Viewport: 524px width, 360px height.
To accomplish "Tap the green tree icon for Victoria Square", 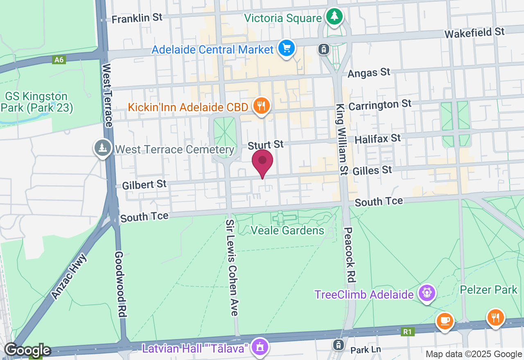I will [x=335, y=17].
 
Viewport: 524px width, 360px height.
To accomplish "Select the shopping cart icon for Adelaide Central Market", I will [x=286, y=49].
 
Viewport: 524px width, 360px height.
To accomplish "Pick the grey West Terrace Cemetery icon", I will [x=102, y=148].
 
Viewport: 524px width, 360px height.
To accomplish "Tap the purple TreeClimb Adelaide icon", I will [x=427, y=293].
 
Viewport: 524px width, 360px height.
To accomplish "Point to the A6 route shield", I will [x=59, y=60].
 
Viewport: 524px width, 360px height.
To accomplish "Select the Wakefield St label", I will [x=474, y=32].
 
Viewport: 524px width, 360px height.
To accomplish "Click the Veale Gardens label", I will [x=287, y=231].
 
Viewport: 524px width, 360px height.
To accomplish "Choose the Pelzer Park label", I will [x=488, y=290].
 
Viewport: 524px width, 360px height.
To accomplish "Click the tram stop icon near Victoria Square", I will [x=324, y=49].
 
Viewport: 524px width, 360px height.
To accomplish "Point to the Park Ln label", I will [x=366, y=351].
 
